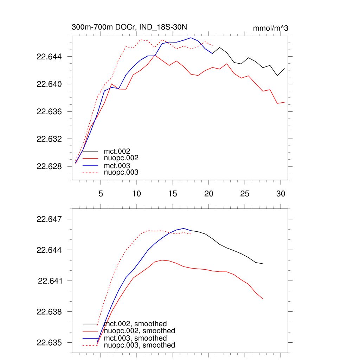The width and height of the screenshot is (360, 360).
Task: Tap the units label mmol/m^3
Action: [x=270, y=28]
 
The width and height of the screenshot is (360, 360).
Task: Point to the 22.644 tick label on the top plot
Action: [x=50, y=57]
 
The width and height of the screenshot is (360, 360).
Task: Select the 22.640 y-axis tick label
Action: [x=50, y=84]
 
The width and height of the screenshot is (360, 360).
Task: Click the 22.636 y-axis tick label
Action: [x=50, y=111]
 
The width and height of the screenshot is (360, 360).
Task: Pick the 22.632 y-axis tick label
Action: [x=50, y=139]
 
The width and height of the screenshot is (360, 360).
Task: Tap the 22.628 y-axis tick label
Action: [x=50, y=166]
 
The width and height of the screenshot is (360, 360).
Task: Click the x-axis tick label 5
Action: [x=101, y=193]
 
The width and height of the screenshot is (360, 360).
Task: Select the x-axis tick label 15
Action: [x=172, y=193]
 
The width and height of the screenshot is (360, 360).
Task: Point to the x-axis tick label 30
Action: [x=280, y=193]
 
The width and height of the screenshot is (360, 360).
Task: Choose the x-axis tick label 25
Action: [x=244, y=193]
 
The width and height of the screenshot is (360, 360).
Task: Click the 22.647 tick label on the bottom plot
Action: [x=50, y=219]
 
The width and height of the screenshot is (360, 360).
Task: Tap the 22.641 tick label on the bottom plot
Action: [x=50, y=281]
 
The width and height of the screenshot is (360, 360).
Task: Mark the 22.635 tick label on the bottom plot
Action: [x=50, y=343]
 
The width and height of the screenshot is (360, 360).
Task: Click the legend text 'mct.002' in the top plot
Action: [x=115, y=152]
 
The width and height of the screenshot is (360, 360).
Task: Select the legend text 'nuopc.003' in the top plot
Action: [x=121, y=173]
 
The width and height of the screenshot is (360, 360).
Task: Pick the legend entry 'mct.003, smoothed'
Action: [x=135, y=338]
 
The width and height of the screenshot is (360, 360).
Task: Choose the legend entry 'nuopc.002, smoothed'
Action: [x=139, y=331]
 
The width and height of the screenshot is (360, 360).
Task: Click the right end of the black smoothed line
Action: [x=263, y=264]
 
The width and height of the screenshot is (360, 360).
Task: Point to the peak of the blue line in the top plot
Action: [x=191, y=38]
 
